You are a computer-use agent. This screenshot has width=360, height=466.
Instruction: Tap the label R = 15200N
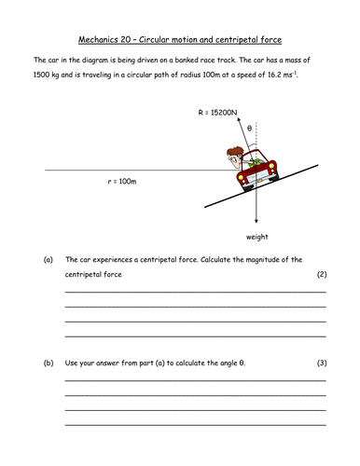pos(217,113)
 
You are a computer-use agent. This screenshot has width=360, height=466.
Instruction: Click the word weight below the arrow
pos(257,238)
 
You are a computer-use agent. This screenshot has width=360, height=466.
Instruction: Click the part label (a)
pos(48,259)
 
